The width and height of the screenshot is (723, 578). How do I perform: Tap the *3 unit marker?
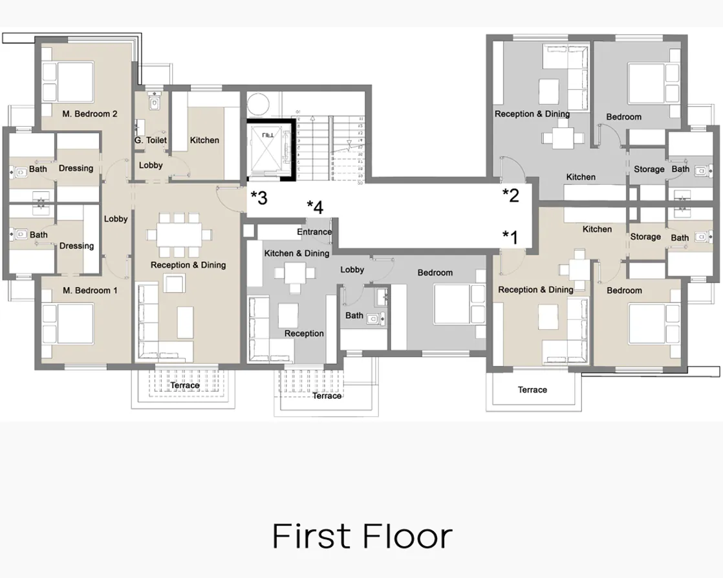click(x=259, y=197)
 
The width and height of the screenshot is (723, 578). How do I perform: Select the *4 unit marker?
click(x=315, y=207)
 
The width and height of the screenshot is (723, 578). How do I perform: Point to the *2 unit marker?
click(x=511, y=195)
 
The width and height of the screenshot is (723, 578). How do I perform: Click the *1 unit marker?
click(x=511, y=237)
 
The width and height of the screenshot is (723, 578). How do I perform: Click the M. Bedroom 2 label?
click(x=89, y=114)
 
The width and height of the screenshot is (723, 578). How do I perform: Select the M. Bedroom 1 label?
click(x=89, y=291)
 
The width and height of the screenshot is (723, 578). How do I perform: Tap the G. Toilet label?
click(x=151, y=140)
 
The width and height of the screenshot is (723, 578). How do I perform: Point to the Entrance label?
click(x=314, y=232)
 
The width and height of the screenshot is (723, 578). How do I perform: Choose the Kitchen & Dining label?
click(x=297, y=253)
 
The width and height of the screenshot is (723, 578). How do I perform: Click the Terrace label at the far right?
click(x=532, y=390)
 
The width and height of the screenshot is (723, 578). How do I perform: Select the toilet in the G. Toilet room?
click(x=154, y=102)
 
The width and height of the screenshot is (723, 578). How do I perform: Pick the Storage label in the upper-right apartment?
click(x=649, y=169)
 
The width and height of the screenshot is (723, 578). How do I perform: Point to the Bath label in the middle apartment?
click(x=354, y=316)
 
